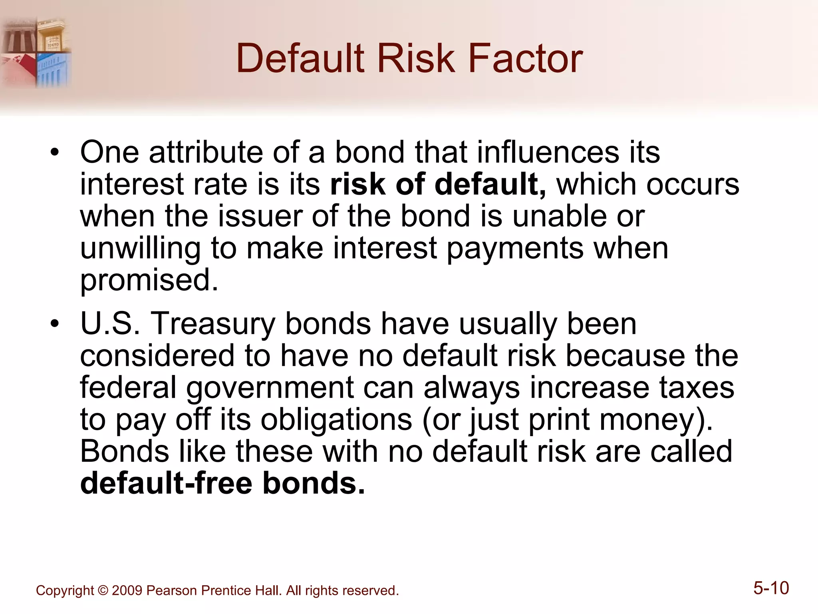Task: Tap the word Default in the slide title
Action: tap(300, 59)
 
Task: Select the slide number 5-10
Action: tap(771, 588)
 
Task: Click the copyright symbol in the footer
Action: tap(103, 591)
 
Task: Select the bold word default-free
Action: tap(166, 483)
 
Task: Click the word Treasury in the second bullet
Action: tap(212, 325)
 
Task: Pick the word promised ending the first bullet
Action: tap(149, 281)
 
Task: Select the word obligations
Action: tap(336, 420)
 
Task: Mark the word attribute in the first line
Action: tap(206, 153)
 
